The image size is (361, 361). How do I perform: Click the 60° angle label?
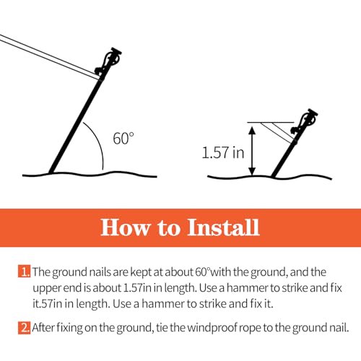[123, 137]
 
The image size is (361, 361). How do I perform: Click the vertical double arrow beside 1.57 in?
[251, 149]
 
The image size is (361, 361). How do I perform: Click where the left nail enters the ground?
[50, 173]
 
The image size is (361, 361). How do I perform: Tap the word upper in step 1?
[49, 288]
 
